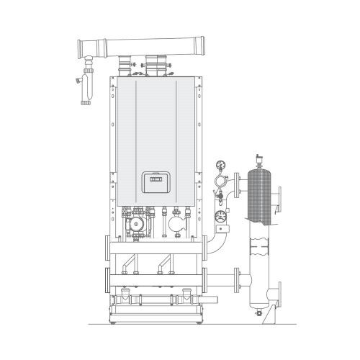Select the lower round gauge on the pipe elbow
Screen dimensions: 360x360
point(222,214)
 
